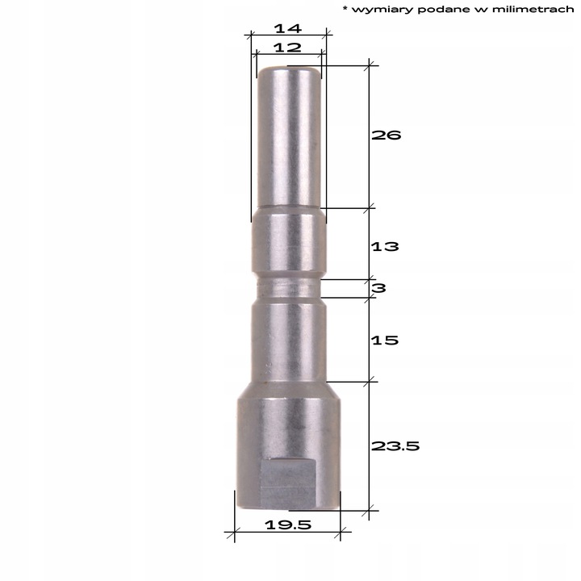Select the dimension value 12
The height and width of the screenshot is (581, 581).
click(287, 47)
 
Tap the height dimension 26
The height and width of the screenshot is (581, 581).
click(387, 135)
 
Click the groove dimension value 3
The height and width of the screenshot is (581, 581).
click(379, 288)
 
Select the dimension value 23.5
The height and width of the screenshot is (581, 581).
click(396, 445)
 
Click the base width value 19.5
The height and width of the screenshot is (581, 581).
click(287, 525)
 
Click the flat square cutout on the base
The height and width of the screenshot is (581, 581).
click(287, 482)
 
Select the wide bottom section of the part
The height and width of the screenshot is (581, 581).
click(287, 444)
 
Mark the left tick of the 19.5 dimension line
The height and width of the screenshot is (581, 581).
click(234, 532)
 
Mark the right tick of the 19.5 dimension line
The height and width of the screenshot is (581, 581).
click(341, 532)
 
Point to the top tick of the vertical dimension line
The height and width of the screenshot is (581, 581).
click(370, 65)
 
